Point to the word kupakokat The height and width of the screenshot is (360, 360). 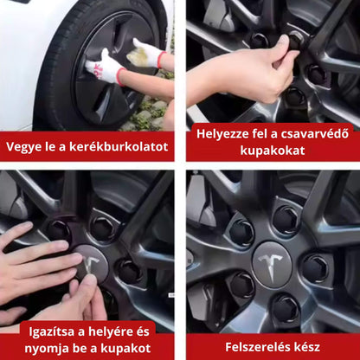point(273,151)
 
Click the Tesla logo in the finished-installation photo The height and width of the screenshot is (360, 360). point(272,266)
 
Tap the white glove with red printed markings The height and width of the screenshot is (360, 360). point(105,67)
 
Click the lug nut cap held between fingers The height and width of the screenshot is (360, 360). point(295,41)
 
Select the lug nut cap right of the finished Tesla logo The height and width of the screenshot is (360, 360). point(315,268)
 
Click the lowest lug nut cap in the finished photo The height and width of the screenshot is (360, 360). point(286,307)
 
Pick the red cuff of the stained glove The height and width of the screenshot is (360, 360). point(162,60)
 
